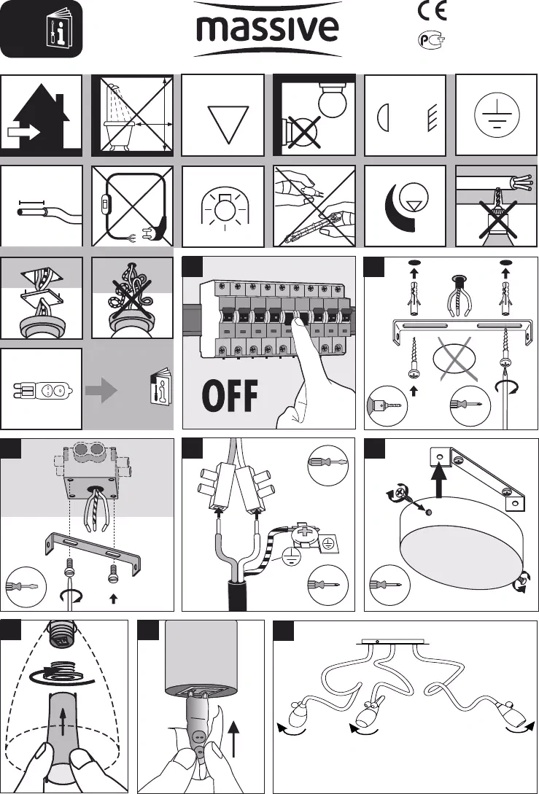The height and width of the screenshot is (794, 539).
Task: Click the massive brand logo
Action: pyautogui.click(x=268, y=29)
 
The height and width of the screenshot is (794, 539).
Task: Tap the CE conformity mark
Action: pyautogui.click(x=432, y=11)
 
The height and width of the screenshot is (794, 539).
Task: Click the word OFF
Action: pyautogui.click(x=230, y=395)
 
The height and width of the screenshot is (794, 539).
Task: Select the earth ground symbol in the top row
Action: pyautogui.click(x=497, y=115)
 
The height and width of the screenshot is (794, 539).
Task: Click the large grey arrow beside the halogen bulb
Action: pyautogui.click(x=101, y=390)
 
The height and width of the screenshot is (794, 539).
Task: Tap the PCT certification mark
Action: pyautogui.click(x=432, y=39)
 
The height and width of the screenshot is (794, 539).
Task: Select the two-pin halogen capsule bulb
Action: pyautogui.click(x=43, y=391)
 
